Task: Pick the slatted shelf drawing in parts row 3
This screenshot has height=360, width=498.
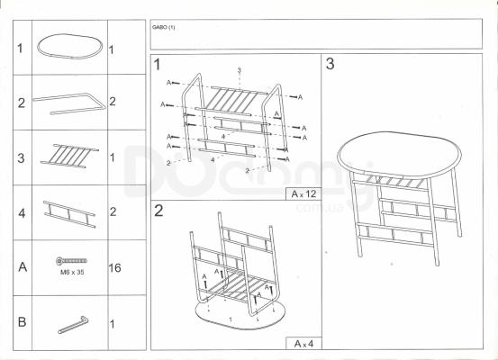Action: click(69, 156)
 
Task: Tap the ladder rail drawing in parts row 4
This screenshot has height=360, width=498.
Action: click(69, 214)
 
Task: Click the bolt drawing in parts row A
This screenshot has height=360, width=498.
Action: click(71, 261)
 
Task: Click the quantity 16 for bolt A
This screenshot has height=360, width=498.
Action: click(114, 268)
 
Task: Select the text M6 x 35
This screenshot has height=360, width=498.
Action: click(72, 272)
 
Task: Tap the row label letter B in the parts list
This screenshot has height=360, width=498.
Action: click(22, 322)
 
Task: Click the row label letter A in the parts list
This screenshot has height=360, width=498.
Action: click(23, 267)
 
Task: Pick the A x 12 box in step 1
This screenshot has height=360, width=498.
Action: click(303, 193)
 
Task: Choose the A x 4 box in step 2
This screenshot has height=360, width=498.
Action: click(303, 344)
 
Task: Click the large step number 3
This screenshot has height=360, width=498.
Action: click(330, 64)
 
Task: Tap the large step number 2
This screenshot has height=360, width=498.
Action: click(158, 211)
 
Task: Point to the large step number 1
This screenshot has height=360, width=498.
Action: click(158, 65)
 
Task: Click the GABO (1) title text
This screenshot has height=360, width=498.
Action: click(163, 27)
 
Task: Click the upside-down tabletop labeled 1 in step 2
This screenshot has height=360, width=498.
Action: click(240, 314)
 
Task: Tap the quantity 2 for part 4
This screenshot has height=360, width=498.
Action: click(113, 211)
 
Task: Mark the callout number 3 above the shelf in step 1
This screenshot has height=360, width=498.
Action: click(240, 70)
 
